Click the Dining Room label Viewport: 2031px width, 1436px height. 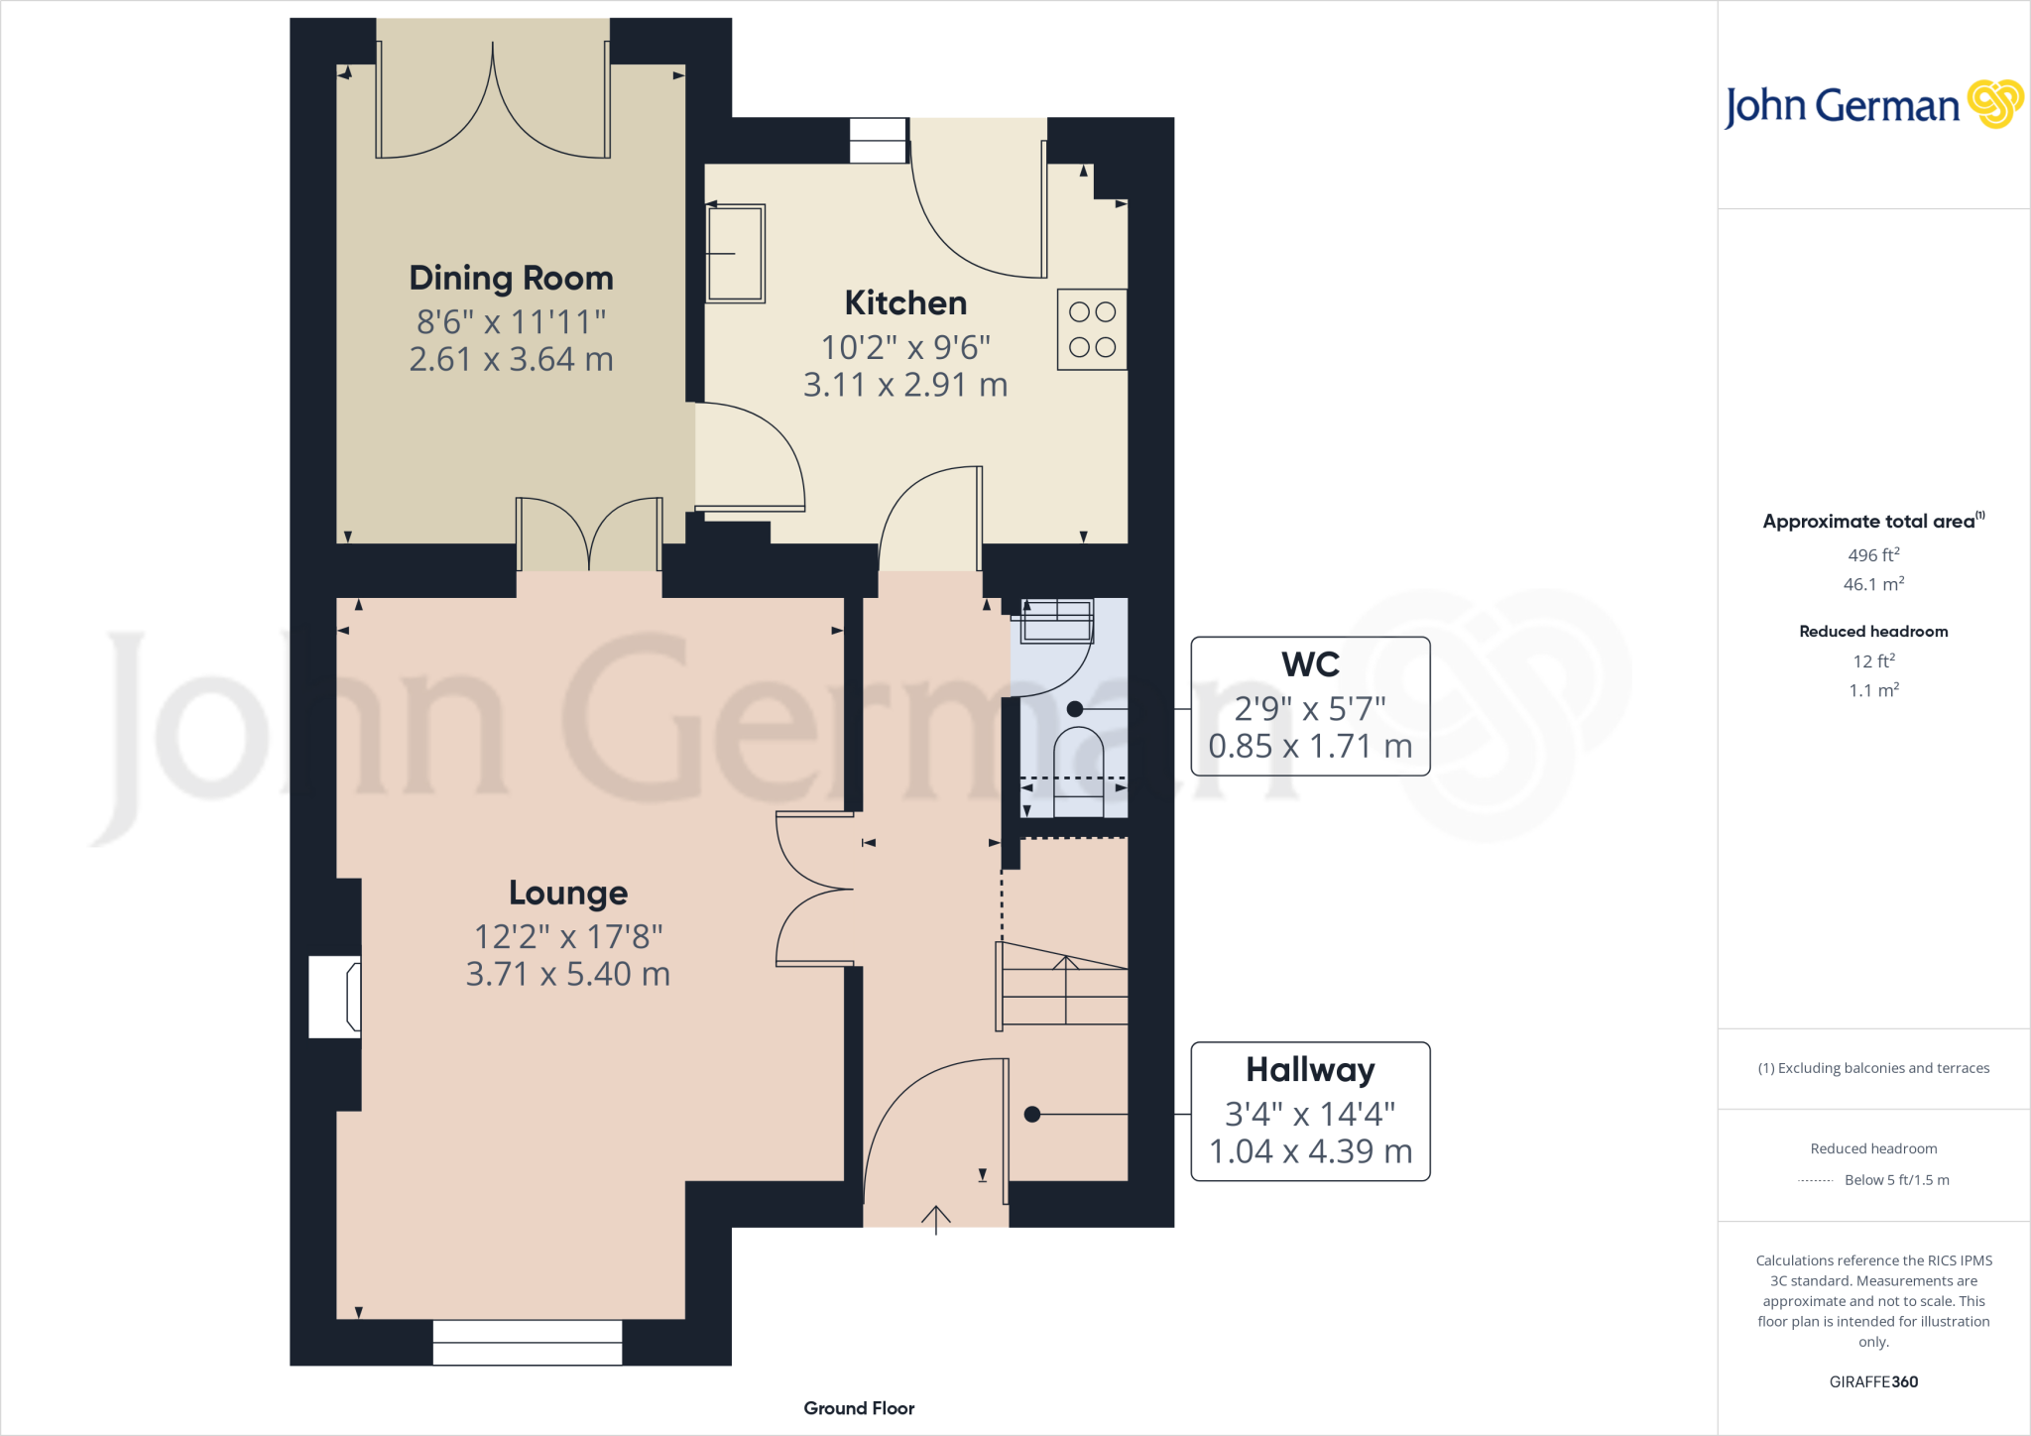[511, 279]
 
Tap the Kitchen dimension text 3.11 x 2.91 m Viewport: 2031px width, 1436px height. [904, 385]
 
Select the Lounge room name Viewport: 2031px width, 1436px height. [567, 893]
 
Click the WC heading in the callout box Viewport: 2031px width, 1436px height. [1310, 664]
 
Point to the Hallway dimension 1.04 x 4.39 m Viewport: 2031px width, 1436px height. [1310, 1151]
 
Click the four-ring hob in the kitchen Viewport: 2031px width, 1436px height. [1092, 329]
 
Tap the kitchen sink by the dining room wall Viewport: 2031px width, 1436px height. [736, 253]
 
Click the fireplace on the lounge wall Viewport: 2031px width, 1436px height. [335, 997]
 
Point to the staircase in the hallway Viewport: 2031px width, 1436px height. [1064, 988]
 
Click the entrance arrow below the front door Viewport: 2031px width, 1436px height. [935, 1219]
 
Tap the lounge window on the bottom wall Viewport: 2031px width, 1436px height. [527, 1342]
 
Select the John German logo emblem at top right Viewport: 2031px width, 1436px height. [1994, 104]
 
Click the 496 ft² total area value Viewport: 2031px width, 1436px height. [1872, 555]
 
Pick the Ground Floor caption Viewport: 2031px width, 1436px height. [859, 1408]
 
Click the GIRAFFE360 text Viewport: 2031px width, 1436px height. [1872, 1381]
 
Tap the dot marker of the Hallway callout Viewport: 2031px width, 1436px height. [1031, 1115]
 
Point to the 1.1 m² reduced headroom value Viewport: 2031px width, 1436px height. [1872, 690]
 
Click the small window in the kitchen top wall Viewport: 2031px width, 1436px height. [879, 141]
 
